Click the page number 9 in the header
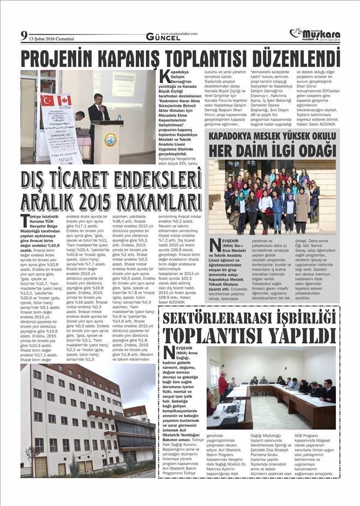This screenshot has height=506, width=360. (x=23, y=36)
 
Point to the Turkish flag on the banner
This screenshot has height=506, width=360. (x=48, y=100)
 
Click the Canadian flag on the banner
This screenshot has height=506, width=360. (x=64, y=100)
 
